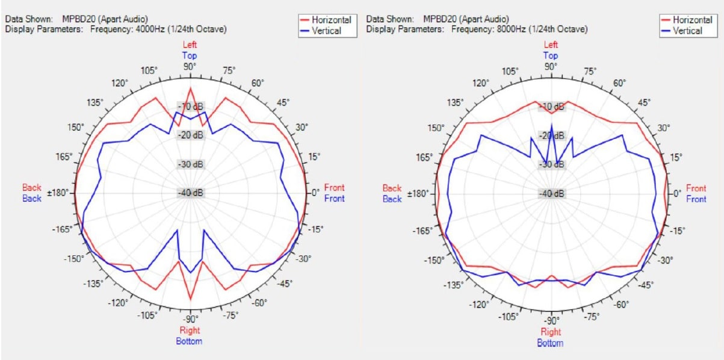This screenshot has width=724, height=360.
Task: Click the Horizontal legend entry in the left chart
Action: tap(331, 20)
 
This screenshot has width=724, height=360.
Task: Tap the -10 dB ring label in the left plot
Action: tap(191, 107)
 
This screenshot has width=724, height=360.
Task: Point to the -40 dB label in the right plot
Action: tap(552, 193)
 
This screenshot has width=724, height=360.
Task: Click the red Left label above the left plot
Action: tap(190, 45)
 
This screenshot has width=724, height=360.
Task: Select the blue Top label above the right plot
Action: tap(551, 55)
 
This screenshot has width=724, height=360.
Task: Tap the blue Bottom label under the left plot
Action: tap(189, 341)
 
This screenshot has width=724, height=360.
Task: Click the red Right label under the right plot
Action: tap(551, 332)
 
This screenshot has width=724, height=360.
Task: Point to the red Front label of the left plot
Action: tap(334, 188)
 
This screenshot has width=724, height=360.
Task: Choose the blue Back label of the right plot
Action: tap(392, 199)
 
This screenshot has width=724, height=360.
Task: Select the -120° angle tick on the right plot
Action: tap(480, 304)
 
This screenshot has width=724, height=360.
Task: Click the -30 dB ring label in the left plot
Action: tap(191, 164)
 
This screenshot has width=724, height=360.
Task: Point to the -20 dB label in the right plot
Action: tap(552, 135)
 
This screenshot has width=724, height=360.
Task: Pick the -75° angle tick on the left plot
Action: tap(231, 315)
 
